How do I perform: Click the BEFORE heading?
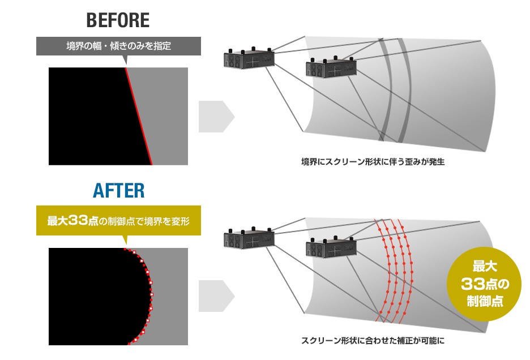coord(118,20)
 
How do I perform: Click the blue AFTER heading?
coord(118,191)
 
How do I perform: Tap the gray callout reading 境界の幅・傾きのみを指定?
coord(119,46)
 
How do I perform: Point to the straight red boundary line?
coord(139,116)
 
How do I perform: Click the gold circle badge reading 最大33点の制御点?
coord(484,284)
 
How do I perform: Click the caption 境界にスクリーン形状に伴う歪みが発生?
coord(373,162)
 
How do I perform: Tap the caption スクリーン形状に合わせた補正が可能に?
coord(373,340)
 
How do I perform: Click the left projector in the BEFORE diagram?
coord(249,58)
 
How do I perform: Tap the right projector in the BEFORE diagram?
coord(331,67)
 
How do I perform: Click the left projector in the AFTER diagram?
coord(249,238)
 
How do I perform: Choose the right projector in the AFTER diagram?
coord(331,247)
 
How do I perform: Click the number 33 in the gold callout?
coord(78,221)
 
